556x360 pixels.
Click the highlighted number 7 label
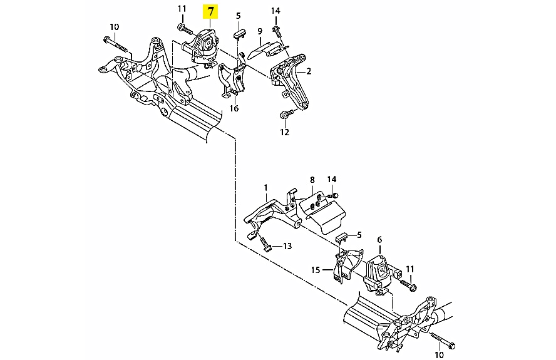pyautogui.click(x=210, y=12)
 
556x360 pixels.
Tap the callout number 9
pyautogui.click(x=260, y=31)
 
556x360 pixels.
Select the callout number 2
pyautogui.click(x=309, y=71)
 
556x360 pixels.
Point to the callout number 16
pyautogui.click(x=234, y=108)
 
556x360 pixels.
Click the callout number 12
pyautogui.click(x=285, y=132)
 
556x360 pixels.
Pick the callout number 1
pyautogui.click(x=265, y=188)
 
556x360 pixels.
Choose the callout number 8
pyautogui.click(x=312, y=180)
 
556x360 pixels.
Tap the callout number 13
pyautogui.click(x=287, y=246)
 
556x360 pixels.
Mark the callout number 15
pyautogui.click(x=316, y=270)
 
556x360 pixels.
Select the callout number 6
pyautogui.click(x=379, y=240)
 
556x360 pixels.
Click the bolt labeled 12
pyautogui.click(x=287, y=114)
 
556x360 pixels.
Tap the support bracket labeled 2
pyautogui.click(x=290, y=82)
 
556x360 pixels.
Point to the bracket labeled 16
pyautogui.click(x=232, y=77)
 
